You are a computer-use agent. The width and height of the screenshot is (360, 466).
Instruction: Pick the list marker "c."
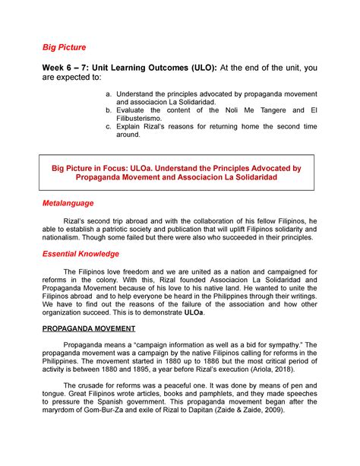point(128,128)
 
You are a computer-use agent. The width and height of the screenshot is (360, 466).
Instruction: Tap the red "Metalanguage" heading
point(68,204)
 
